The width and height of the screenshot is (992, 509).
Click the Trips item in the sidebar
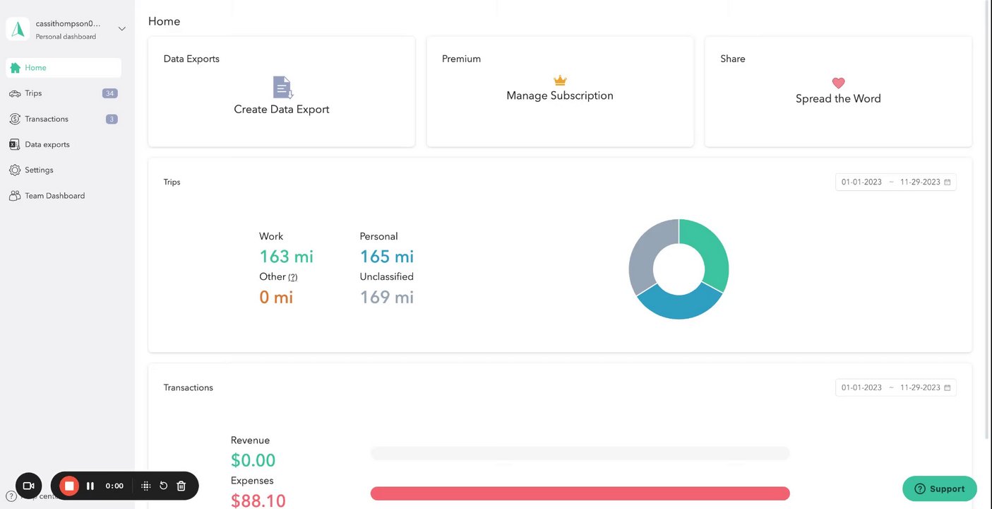coord(33,93)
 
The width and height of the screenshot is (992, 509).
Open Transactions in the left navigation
coord(46,119)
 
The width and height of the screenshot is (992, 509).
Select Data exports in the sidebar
coord(47,144)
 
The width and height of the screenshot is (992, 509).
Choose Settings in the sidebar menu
coord(39,170)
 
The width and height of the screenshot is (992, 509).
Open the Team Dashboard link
coord(54,196)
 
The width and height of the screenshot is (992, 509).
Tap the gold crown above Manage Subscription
coord(560,80)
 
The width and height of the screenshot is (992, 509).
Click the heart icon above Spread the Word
coord(838,83)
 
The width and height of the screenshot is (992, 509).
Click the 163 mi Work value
coord(286,257)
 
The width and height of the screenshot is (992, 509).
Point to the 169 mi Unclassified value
coord(386,297)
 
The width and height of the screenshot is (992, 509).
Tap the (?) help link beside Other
coord(293,277)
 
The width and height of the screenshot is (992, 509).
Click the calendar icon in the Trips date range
coord(948,182)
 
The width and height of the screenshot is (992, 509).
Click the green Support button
coord(939,488)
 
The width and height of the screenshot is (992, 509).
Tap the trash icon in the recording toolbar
coord(181,486)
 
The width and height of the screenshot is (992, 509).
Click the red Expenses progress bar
coord(580,493)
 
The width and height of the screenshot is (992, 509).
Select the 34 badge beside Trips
coord(109,93)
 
